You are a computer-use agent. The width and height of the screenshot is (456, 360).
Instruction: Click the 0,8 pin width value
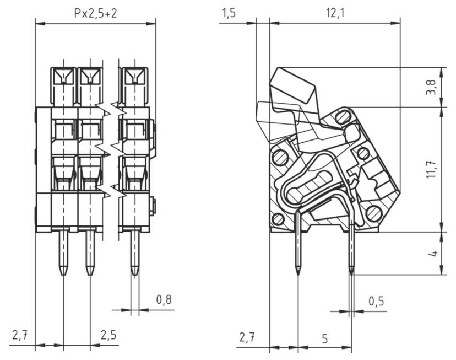tap(164, 300)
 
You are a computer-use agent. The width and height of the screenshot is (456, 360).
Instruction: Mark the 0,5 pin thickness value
tap(377, 302)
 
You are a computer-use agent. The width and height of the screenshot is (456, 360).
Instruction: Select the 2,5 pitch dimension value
tap(108, 335)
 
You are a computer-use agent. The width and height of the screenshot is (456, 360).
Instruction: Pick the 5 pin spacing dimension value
tap(324, 338)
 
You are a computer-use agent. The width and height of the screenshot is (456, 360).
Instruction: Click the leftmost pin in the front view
tap(63, 251)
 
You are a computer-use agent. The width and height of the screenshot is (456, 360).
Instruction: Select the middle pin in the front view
tap(89, 251)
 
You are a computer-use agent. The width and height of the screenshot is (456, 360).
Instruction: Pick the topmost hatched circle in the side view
tap(343, 116)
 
